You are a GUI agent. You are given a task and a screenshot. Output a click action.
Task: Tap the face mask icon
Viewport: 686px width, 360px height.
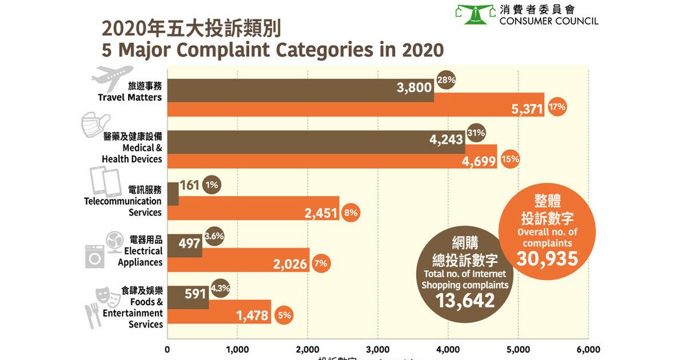point(96,125)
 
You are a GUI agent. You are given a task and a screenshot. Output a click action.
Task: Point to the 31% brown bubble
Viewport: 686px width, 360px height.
point(476,133)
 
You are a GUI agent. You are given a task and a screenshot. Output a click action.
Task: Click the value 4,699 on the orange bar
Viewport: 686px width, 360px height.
point(478,160)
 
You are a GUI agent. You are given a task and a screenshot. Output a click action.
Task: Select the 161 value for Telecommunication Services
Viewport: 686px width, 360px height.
point(189,185)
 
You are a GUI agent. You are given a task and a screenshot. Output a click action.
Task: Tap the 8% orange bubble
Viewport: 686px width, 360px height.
point(350,213)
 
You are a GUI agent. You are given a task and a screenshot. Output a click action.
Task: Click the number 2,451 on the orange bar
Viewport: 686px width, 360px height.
point(321,213)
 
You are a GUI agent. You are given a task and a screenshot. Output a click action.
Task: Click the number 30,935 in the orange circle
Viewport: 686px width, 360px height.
point(547,258)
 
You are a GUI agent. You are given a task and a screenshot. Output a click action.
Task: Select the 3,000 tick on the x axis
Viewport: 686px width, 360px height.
point(377,349)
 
